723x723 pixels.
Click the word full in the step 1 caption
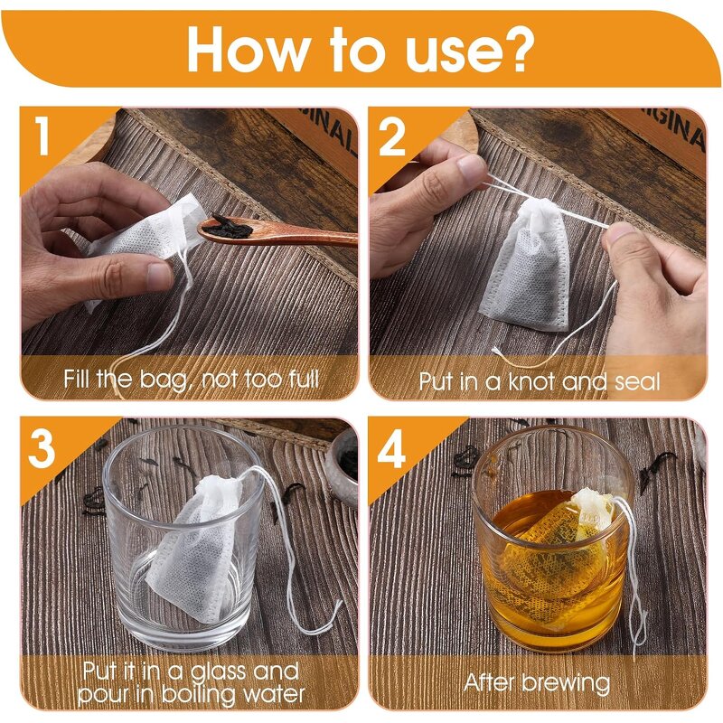click(302, 378)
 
